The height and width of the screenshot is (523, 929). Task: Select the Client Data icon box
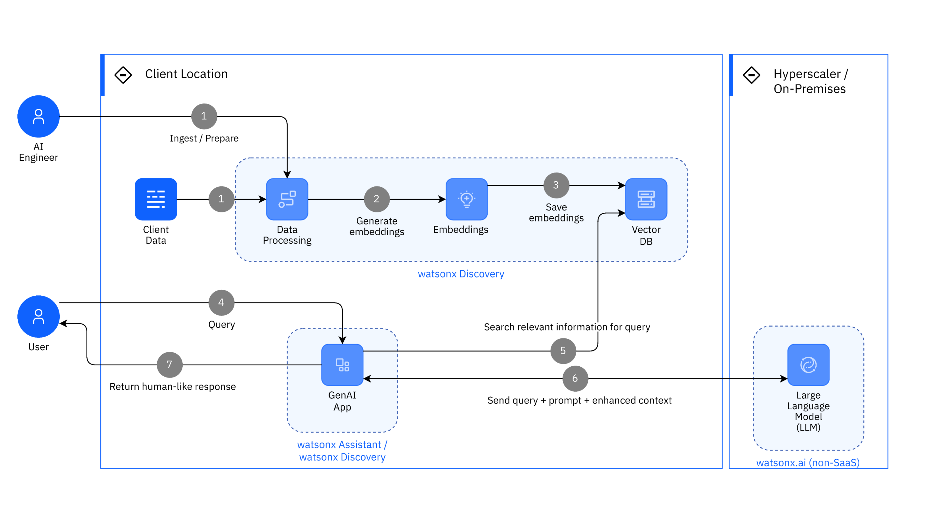(156, 199)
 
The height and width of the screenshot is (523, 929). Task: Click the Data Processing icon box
(287, 199)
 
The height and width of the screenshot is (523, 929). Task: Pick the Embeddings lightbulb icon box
(467, 199)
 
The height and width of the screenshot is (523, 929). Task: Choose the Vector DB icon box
(646, 199)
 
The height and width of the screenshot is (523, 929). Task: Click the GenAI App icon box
(342, 365)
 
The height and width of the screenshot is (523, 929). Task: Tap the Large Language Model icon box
(808, 365)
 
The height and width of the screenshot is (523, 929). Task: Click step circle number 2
(377, 199)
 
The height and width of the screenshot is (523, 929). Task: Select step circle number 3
(556, 185)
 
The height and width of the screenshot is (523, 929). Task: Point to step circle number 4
(221, 302)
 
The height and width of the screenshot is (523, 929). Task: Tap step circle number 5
(563, 351)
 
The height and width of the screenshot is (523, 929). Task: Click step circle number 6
(575, 378)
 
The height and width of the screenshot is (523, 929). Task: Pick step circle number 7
(169, 364)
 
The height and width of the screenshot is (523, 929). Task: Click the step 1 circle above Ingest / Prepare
(204, 116)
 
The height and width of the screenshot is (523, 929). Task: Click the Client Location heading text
(186, 74)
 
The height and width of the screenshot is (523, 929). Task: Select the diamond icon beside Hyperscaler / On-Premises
(752, 75)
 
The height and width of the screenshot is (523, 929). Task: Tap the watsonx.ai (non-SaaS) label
(808, 462)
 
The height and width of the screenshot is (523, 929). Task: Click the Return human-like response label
(172, 387)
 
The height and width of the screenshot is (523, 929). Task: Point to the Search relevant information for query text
(567, 327)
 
